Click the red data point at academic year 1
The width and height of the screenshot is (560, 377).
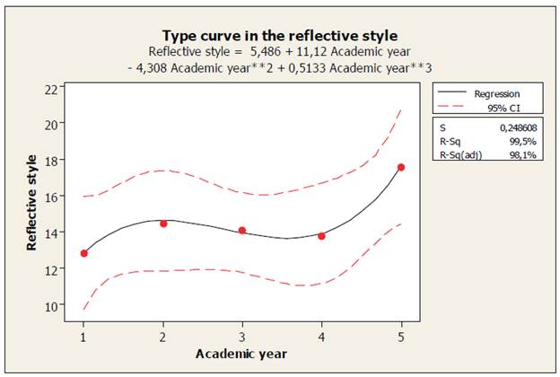click(84, 253)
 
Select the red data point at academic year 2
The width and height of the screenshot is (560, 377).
click(163, 224)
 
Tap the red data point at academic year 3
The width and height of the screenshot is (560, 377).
click(242, 231)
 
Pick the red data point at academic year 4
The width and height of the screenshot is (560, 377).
click(321, 236)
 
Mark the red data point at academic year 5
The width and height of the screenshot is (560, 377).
click(401, 167)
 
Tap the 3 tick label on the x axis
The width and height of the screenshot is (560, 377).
click(242, 337)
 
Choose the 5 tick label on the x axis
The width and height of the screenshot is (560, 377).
click(401, 337)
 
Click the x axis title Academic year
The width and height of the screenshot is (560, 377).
click(241, 354)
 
